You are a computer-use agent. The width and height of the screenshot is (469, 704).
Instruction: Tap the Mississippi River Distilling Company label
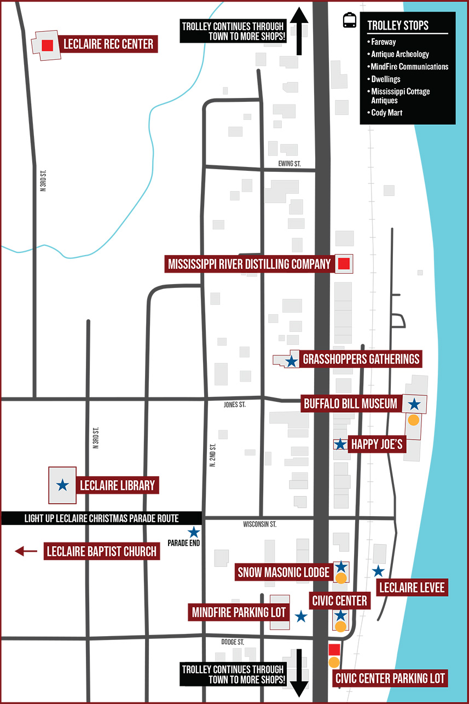coord(249,264)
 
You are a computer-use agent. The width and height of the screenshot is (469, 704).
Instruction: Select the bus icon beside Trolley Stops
coord(350,21)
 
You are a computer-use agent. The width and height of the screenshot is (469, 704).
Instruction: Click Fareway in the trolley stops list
coord(383,42)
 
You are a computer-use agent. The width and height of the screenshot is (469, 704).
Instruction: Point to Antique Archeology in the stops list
coord(399,54)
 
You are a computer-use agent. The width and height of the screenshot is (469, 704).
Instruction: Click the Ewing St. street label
coord(289,164)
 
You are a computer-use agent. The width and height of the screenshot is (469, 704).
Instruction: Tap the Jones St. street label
coord(235,405)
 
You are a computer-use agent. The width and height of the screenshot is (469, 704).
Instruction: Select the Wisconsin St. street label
coord(259,524)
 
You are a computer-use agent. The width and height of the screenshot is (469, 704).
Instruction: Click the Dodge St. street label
coord(232,642)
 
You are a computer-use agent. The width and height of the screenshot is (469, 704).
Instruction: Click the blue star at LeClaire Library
coord(63,484)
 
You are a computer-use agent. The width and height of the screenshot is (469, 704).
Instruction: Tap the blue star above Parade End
coord(194,532)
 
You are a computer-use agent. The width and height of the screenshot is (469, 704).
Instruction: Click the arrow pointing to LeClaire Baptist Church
coord(26,551)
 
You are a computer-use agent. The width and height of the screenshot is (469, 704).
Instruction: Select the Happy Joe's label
coord(377,444)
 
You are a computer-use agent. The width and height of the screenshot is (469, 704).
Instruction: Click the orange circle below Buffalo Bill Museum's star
coord(414,420)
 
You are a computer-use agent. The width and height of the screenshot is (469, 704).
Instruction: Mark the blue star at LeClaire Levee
coord(378,572)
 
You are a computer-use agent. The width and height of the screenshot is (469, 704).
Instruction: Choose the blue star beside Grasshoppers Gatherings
coord(291,361)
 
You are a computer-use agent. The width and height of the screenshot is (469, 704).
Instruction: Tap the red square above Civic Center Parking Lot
coord(334,650)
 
